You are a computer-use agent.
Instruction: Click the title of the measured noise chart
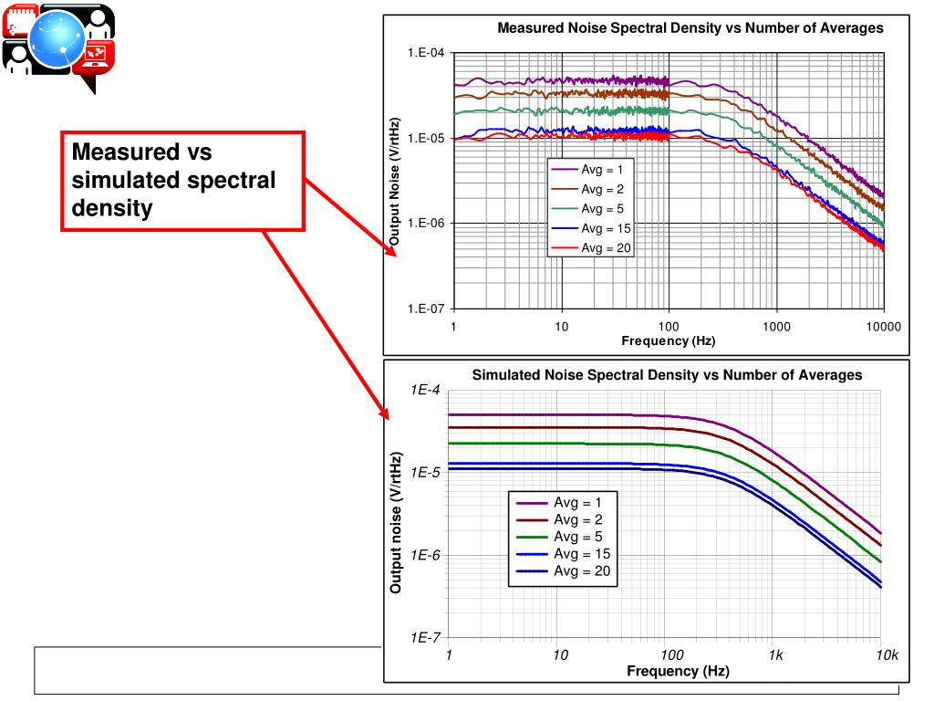(690, 28)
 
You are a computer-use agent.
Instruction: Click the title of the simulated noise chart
(666, 375)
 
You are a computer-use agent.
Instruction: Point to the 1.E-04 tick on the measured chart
(426, 53)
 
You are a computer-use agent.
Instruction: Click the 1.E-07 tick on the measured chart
(426, 309)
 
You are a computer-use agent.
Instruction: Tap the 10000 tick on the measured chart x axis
(883, 326)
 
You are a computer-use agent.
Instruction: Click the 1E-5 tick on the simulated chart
(426, 473)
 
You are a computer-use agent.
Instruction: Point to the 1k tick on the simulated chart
(775, 655)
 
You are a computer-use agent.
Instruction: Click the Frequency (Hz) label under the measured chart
(668, 341)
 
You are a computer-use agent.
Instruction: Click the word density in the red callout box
(111, 208)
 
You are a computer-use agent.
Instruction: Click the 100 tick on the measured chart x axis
(669, 326)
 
